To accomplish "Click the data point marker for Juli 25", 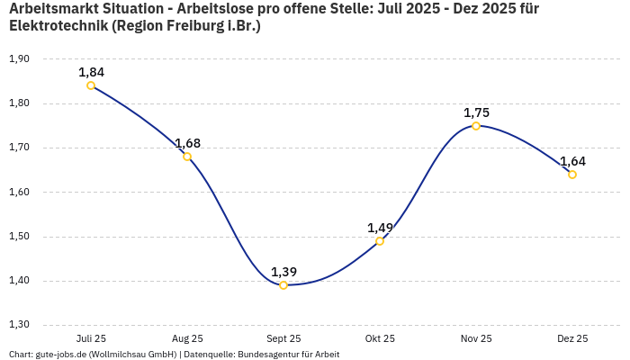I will tap(91, 85).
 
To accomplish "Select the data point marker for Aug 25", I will tap(187, 157).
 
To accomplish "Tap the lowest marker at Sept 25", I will tap(283, 285).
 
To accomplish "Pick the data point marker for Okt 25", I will tap(380, 241).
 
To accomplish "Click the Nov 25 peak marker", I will tap(476, 126).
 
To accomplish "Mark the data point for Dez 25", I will tap(572, 175).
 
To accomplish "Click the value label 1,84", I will tap(91, 72).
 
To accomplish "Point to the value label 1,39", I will tap(283, 272).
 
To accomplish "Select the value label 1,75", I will tap(476, 112).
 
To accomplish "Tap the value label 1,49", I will tap(380, 228).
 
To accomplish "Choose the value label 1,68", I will tap(187, 143).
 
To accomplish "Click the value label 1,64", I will tap(572, 161).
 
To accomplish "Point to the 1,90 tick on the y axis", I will tap(19, 58).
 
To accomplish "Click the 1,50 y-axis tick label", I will tap(19, 237).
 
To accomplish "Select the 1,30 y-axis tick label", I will tap(19, 325).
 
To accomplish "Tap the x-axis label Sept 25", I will tap(283, 338).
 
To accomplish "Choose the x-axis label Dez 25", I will tap(572, 338).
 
